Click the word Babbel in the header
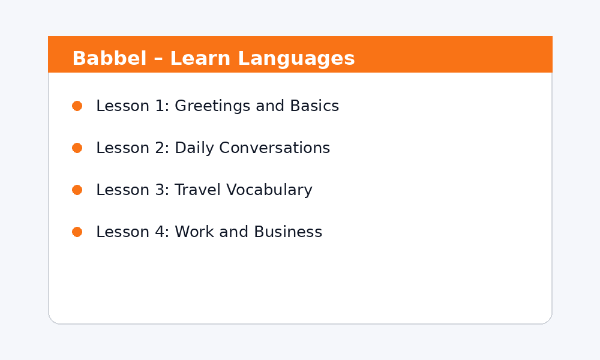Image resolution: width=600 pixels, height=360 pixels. tap(109, 58)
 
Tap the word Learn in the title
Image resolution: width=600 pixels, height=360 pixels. tap(200, 58)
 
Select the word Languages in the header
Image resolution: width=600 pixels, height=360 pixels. tap(296, 59)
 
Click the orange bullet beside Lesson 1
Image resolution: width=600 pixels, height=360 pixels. tap(77, 106)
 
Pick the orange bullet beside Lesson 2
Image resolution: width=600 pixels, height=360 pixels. tap(77, 148)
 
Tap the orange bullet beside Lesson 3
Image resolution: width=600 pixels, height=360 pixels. tap(77, 190)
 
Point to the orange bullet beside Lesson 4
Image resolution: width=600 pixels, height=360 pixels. tap(77, 232)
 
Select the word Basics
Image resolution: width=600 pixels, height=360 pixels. tap(314, 106)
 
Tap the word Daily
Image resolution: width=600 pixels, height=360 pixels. tap(194, 148)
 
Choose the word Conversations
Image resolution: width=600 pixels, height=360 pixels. tap(274, 148)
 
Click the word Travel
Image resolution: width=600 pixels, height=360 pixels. tap(197, 190)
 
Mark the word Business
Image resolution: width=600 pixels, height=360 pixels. tap(288, 232)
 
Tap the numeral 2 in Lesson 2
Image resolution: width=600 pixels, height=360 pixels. tap(160, 148)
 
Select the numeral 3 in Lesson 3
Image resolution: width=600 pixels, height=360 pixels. tap(160, 190)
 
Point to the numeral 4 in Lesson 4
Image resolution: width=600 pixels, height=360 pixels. tap(160, 232)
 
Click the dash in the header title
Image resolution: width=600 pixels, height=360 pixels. tap(158, 60)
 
